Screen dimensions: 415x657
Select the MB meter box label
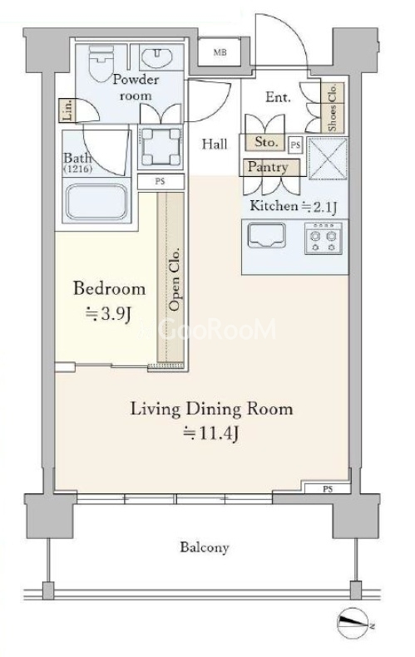pos(220,52)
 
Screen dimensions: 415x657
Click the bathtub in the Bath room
pos(97,202)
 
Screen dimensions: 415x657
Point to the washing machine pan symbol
pos(161,147)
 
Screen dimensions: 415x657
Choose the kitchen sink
pos(266,236)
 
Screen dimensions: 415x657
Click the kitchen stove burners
pos(324,238)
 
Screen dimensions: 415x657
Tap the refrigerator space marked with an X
pos(328,159)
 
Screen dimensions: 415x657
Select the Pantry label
pos(268,167)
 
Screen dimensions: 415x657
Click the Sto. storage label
pos(266,142)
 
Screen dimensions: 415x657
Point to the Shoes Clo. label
pos(333,107)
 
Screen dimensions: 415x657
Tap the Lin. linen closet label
pos(67,110)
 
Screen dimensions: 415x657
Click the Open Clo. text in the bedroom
pos(174,279)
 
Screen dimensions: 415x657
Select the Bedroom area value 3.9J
pos(109,313)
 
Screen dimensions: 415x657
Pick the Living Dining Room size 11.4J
pos(211,434)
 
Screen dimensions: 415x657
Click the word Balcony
pos(205,547)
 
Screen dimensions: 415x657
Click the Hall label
pos(215,145)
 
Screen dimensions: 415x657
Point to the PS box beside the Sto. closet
pos(296,145)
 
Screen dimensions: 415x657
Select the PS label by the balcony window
pos(328,489)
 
